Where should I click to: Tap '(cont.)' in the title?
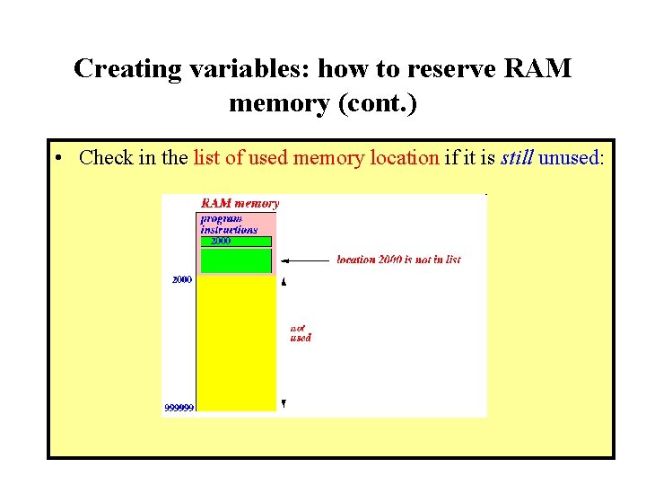377,103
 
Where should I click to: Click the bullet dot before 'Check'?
57,159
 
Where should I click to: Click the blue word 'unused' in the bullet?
567,158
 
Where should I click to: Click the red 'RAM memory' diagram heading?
240,204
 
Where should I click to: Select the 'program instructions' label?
228,225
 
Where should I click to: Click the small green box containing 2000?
236,241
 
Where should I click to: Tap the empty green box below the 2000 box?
236,260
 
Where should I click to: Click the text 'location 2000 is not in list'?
398,260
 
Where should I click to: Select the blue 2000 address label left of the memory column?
181,280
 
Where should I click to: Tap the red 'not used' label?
301,333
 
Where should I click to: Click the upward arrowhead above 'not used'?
284,282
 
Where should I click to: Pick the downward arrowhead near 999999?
284,404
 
